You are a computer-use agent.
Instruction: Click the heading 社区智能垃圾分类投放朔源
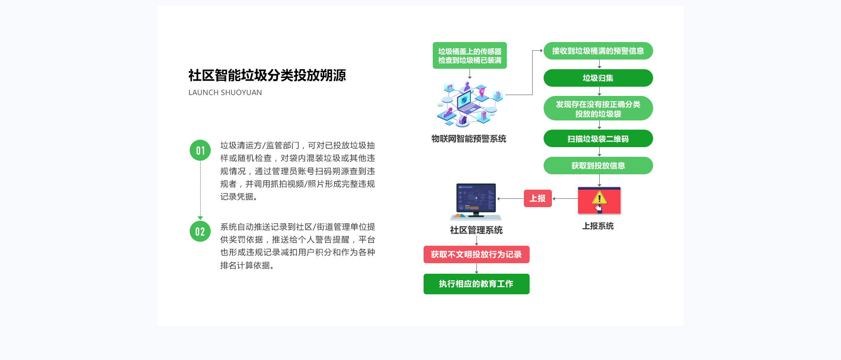click(x=267, y=75)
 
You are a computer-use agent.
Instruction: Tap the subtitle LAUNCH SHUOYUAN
click(x=225, y=92)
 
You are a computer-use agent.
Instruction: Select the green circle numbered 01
click(x=200, y=150)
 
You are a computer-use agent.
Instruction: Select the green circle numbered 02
click(x=200, y=231)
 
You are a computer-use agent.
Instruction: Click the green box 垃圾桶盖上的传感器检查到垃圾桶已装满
click(x=470, y=56)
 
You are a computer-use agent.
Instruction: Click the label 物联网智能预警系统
click(x=469, y=139)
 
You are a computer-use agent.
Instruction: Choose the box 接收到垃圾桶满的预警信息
click(x=598, y=51)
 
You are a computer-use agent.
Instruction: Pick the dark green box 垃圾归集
click(x=598, y=78)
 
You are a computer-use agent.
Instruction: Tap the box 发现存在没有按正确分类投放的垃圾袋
click(x=598, y=109)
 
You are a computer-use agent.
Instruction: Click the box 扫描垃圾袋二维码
click(x=598, y=139)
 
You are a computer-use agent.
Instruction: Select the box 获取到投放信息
click(x=598, y=166)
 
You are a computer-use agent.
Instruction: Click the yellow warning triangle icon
click(x=599, y=198)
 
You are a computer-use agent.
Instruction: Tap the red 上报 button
click(x=537, y=198)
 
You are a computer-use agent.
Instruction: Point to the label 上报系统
click(x=598, y=226)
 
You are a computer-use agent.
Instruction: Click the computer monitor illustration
click(x=476, y=201)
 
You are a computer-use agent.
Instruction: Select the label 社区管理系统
click(x=476, y=230)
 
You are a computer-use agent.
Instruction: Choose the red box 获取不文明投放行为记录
click(x=476, y=254)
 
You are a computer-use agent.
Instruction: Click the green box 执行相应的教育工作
click(x=476, y=284)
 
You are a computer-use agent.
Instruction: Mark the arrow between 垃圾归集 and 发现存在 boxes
click(x=599, y=91)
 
